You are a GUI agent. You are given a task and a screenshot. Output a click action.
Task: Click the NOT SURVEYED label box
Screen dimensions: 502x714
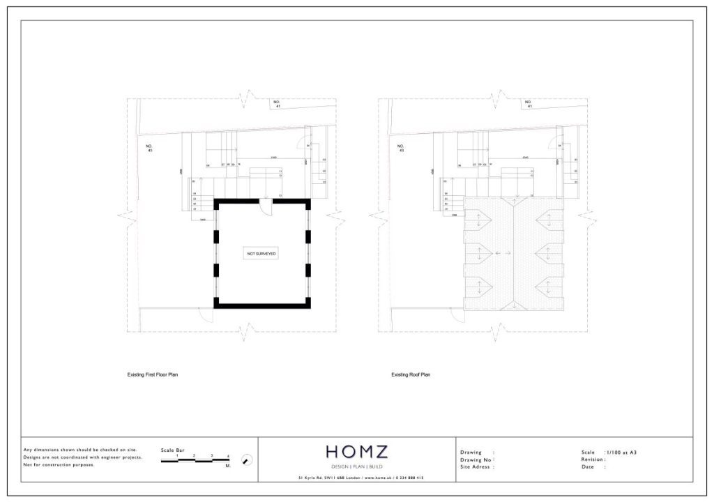coord(261,254)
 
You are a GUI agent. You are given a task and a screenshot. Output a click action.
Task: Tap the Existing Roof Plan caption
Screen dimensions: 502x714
coord(411,374)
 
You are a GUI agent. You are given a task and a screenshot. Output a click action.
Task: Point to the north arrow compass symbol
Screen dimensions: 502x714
coord(246,460)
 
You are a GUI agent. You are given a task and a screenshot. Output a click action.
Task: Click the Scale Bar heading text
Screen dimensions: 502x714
coord(172,450)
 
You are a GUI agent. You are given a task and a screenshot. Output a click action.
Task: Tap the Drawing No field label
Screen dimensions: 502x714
coord(476,460)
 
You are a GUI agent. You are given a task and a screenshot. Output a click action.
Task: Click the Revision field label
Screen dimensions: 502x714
coord(593,459)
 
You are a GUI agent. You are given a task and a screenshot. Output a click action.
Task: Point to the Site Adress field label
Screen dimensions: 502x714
coord(477,467)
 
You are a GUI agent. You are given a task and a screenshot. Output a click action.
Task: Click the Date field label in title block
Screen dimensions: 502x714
coord(587,467)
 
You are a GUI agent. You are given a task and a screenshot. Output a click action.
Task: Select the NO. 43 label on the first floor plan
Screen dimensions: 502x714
coord(149,148)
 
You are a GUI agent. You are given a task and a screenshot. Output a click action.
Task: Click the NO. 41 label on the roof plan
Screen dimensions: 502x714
coord(530,105)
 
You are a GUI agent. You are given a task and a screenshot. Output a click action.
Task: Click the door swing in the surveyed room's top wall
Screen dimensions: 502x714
coord(266,204)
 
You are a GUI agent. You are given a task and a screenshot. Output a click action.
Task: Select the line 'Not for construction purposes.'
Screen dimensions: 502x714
coord(59,464)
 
